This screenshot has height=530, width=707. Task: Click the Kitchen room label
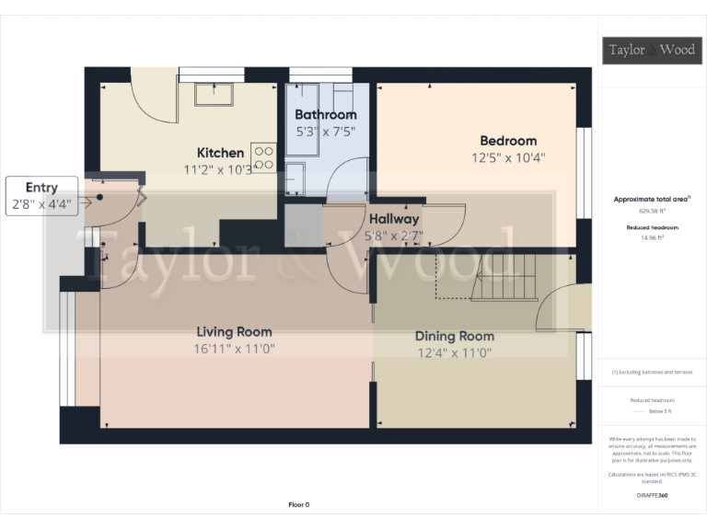[x=221, y=153]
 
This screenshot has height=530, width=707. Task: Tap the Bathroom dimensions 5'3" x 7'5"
[x=324, y=132]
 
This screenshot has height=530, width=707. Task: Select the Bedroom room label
[x=508, y=141]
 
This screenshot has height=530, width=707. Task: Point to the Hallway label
[x=394, y=219]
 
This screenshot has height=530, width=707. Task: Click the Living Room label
[x=234, y=332]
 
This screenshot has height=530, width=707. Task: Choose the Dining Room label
[x=455, y=336]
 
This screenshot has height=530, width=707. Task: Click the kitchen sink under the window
[x=214, y=94]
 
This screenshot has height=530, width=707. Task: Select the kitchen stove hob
[x=263, y=156]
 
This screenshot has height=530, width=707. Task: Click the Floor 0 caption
[x=299, y=505]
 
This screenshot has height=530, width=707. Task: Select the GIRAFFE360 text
[x=652, y=496]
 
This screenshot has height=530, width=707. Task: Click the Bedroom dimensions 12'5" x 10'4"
[x=508, y=157]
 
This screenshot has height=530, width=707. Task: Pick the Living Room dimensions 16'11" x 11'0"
[x=234, y=349]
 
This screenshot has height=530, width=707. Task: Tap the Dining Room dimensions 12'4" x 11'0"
[x=455, y=352]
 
